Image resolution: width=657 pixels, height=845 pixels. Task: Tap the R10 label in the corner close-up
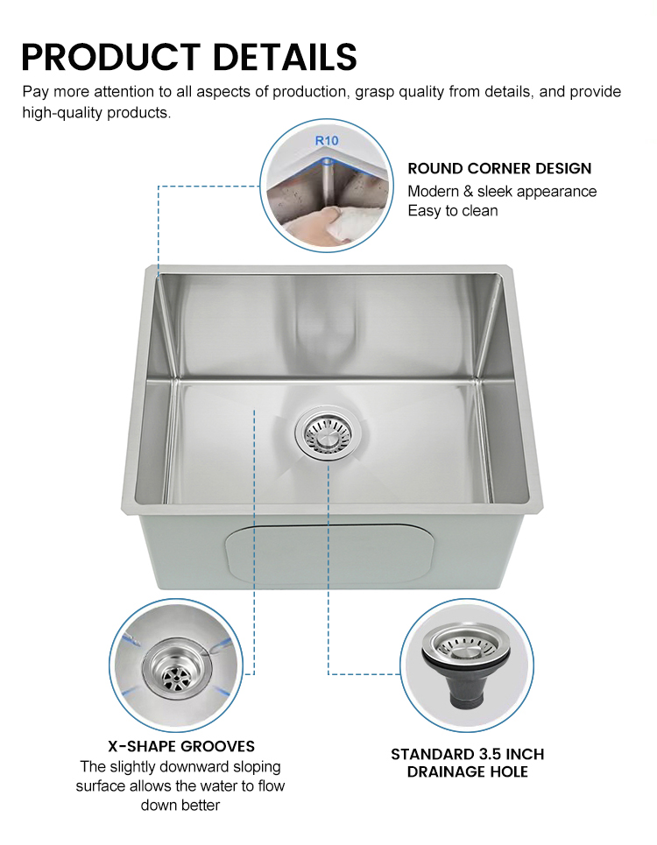(326, 139)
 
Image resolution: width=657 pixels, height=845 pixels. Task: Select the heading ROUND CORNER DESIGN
(499, 168)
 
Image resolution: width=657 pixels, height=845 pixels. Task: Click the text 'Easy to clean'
(452, 211)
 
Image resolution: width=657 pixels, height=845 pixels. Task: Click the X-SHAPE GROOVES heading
(181, 746)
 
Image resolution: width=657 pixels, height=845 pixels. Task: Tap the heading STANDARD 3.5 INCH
(467, 754)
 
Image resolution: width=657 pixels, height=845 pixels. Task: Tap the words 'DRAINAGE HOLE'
(467, 771)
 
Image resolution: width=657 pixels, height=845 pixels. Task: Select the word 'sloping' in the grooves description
(257, 766)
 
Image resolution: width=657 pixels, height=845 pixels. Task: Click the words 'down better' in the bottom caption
(180, 805)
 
